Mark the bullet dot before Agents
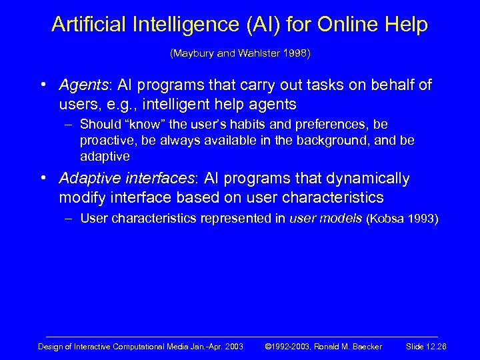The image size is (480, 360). [x=42, y=86]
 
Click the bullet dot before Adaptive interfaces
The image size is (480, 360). [x=42, y=179]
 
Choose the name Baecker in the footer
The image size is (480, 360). [x=365, y=347]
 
